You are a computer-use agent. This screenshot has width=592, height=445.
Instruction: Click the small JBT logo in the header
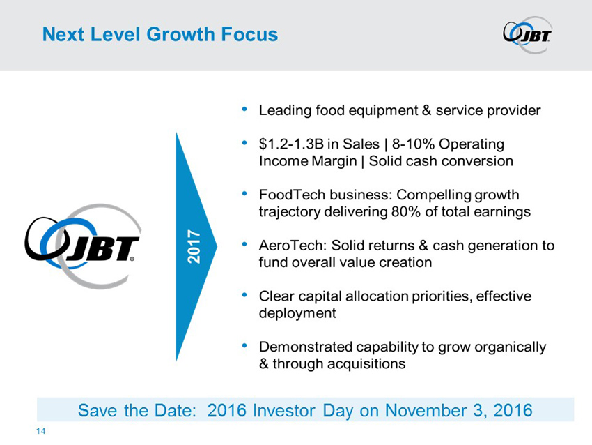(x=527, y=35)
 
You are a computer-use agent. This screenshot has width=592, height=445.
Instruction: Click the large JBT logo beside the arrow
(x=83, y=246)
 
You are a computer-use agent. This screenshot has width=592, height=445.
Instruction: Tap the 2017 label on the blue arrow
(x=194, y=246)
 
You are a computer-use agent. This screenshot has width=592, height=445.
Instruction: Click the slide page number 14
(x=40, y=431)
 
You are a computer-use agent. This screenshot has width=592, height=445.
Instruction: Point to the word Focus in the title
(x=249, y=34)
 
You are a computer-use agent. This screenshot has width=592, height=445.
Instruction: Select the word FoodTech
(x=292, y=195)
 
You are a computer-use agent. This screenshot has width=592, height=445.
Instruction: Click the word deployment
(x=297, y=313)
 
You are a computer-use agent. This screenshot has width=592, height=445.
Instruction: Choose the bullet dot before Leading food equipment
(x=244, y=110)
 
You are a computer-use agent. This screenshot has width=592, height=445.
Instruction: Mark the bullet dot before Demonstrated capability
(x=244, y=346)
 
